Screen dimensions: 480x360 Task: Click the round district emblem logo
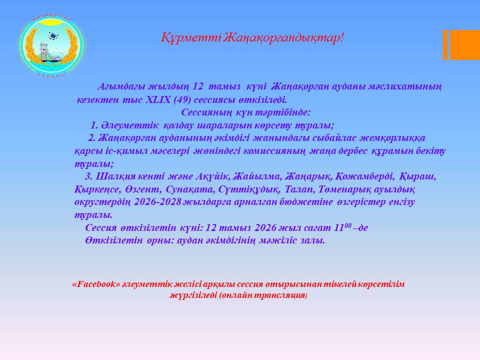tap(51, 46)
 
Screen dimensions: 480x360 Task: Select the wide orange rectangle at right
tap(464, 44)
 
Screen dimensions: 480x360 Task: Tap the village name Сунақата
tap(190, 189)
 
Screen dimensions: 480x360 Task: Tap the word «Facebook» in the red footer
tap(96, 284)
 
